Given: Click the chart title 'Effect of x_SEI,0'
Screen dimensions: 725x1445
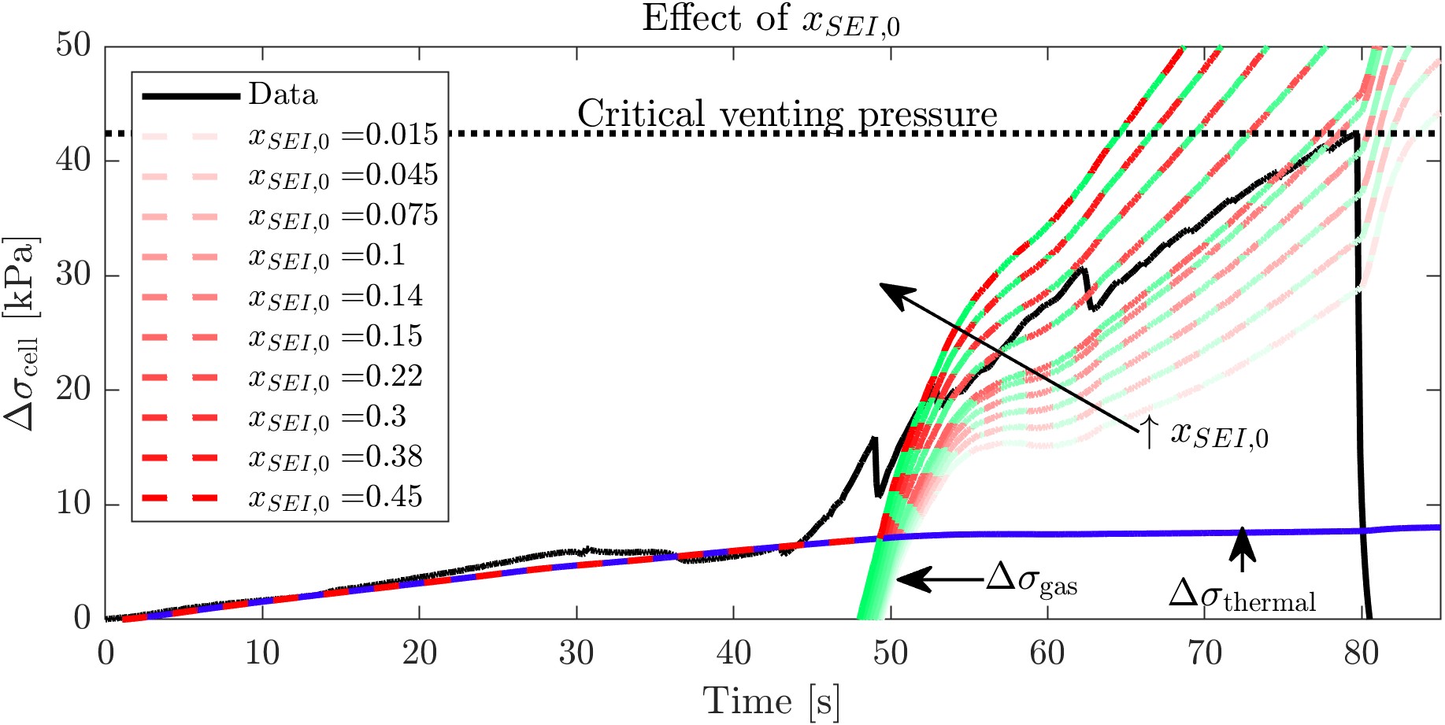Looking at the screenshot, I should (770, 19).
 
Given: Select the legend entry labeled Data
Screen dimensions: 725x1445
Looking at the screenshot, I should (283, 94).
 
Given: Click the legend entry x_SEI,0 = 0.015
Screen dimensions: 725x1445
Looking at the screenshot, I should (343, 135).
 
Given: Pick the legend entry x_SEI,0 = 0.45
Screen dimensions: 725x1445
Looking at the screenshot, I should (335, 498).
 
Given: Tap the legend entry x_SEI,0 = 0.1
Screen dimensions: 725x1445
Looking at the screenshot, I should (327, 256).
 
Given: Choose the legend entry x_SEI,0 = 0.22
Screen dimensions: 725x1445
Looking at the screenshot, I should (335, 377).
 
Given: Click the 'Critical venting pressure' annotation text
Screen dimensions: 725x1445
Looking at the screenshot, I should (787, 115).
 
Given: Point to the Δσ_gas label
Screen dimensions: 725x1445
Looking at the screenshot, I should (1032, 582).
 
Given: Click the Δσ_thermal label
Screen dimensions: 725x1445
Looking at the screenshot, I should (1242, 596).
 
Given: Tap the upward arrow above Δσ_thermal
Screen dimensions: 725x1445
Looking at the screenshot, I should (1242, 548).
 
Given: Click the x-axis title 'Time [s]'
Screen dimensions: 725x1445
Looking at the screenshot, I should (771, 701).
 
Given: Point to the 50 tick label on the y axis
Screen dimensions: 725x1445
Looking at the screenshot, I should (73, 46).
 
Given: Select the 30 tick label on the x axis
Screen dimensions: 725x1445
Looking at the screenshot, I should (576, 653).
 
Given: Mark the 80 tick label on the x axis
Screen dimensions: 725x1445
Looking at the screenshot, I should (1361, 653).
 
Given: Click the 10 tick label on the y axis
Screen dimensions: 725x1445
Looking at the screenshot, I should (73, 504).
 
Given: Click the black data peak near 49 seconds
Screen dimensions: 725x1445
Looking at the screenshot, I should (873, 438).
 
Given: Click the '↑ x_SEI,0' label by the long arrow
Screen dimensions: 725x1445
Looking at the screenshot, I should (1205, 434).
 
